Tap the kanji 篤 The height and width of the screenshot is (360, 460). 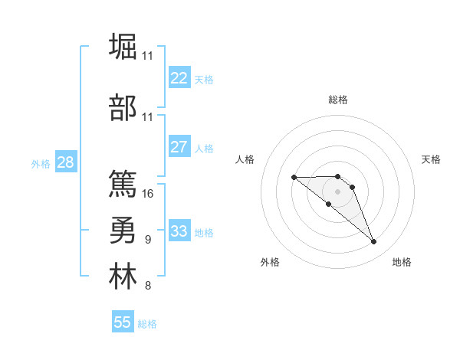pos(123,183)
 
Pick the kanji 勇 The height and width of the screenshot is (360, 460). pos(123,230)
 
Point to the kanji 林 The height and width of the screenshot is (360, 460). pos(123,277)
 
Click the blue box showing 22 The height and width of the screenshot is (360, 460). pos(179,78)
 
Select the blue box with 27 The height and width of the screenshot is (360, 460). pos(179,148)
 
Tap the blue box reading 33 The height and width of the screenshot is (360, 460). pos(179,231)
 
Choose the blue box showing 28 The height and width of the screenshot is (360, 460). pos(64,162)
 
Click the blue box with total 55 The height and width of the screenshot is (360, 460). pos(123,322)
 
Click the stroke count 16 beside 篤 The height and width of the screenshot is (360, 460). pos(148,193)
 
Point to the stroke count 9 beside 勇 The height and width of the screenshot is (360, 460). pos(147,240)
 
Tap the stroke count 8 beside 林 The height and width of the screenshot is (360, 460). pos(147,286)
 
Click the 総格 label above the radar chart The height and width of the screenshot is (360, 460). pos(337,100)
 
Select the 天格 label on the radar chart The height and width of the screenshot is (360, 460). pos(431,159)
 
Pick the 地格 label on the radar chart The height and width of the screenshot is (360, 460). pos(402,262)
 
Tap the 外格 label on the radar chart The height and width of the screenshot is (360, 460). pos(270,262)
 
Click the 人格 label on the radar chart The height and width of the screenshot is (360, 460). pos(245,159)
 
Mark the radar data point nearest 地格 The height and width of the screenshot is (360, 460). pos(373,242)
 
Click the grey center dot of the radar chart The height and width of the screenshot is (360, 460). pos(337,191)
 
